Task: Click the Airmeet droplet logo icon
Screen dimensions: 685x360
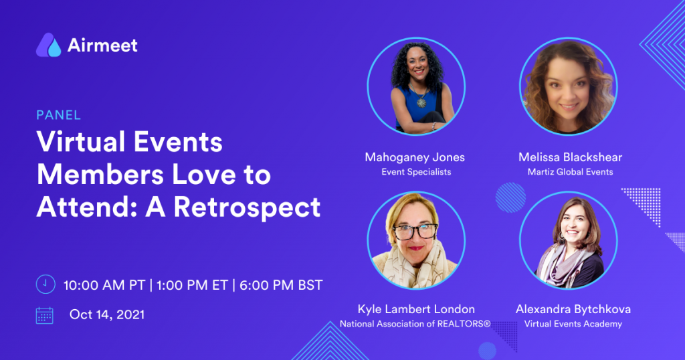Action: point(48,45)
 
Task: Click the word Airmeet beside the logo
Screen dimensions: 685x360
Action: point(102,46)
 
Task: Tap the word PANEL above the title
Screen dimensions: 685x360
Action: point(59,115)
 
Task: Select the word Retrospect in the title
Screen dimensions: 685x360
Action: point(248,207)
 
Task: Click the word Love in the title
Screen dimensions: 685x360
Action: point(204,175)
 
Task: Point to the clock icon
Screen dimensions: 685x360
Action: point(45,284)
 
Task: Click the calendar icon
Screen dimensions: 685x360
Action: point(45,315)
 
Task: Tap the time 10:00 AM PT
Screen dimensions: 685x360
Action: point(104,285)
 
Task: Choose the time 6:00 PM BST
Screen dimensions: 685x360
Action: point(281,285)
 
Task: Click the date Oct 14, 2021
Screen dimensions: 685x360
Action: point(107,314)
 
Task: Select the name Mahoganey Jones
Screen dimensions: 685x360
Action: point(415,157)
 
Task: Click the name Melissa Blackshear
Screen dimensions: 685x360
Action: point(570,157)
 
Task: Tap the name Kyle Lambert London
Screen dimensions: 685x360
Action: point(416,309)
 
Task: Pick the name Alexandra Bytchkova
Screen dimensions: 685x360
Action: point(573,309)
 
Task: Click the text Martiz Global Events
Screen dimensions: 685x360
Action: point(570,172)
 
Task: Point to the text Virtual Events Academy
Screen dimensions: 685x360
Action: point(573,324)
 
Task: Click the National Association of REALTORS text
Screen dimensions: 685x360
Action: point(415,324)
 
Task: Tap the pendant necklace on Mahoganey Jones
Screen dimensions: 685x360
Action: point(421,102)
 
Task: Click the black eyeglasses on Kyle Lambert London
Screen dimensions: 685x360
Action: point(415,231)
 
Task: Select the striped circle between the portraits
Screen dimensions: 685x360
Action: point(510,197)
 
